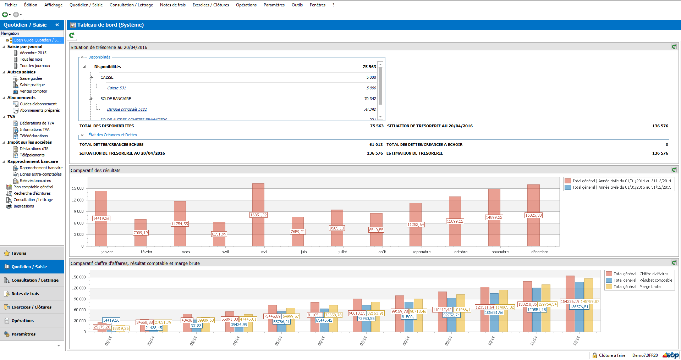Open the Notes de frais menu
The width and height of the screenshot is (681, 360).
point(172,5)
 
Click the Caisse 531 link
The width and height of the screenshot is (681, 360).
point(116,88)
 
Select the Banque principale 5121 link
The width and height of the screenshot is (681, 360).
point(127,109)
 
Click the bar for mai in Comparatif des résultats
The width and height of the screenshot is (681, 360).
point(258,199)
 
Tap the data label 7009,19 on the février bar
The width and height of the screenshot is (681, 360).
point(141,233)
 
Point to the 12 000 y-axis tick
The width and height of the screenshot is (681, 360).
point(78,200)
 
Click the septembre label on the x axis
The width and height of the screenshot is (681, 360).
point(421,252)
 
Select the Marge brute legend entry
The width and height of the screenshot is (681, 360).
point(637,287)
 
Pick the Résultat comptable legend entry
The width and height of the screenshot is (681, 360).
point(642,280)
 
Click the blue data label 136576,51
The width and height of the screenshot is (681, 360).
point(579,307)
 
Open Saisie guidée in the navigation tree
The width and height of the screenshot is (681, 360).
point(31,78)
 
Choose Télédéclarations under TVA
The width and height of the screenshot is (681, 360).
point(34,136)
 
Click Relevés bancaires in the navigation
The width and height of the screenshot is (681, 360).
point(35,181)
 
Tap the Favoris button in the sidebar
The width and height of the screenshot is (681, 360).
point(19,253)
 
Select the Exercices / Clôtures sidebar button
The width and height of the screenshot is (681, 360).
point(31,307)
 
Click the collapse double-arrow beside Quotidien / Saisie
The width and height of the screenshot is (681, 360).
point(57,25)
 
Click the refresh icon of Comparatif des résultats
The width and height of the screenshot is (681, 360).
point(674,170)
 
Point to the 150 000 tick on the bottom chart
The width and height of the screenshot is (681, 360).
point(79,277)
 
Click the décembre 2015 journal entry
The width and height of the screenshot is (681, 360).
point(33,53)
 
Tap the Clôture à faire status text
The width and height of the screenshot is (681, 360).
point(612,355)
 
